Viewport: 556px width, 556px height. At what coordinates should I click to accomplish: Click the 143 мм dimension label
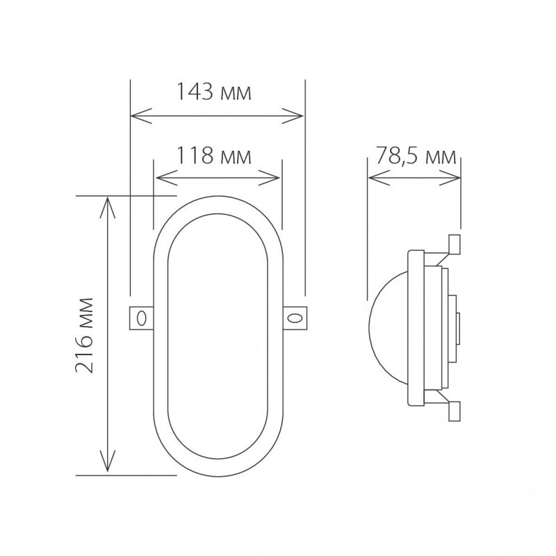pos(212,92)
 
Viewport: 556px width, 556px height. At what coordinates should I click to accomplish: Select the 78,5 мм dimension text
pos(416,156)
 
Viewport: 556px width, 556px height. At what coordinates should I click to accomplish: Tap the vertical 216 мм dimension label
pos(85,335)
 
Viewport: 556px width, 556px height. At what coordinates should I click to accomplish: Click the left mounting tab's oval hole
pos(141,318)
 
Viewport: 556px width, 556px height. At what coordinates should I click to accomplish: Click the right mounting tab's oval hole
pos(295,318)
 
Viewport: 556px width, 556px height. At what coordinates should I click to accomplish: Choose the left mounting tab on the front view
pos(141,318)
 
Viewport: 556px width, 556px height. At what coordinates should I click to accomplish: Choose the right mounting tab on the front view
pos(295,318)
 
